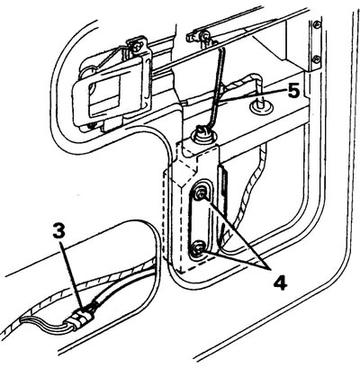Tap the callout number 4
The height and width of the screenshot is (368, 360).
coord(280,283)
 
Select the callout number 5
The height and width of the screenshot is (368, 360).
coord(293,91)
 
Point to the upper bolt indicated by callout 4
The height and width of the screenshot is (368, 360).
coord(200,193)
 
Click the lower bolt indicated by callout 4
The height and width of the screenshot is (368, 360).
coord(198,248)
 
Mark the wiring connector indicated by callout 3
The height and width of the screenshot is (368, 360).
coord(80,318)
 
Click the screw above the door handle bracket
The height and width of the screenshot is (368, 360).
coord(138,47)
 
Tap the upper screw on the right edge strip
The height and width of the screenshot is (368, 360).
coord(316,25)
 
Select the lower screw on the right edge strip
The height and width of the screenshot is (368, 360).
coord(316,58)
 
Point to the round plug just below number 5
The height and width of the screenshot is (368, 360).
coord(261,105)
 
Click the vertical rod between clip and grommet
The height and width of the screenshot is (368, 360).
coord(217,87)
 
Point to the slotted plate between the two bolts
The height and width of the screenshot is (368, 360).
coord(199,220)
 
